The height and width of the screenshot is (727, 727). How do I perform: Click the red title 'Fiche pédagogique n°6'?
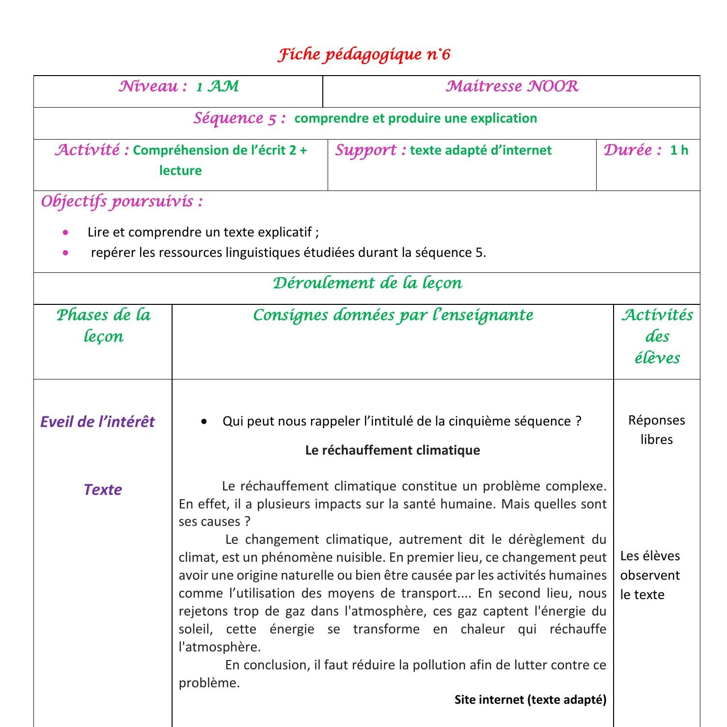point(364,54)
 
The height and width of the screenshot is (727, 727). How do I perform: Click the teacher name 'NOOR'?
point(553,86)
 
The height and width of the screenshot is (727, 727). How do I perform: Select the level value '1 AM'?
point(217,87)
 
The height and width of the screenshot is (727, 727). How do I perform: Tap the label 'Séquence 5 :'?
point(240,118)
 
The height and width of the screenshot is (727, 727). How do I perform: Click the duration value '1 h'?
point(679,150)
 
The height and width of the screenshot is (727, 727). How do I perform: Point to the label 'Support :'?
point(371,150)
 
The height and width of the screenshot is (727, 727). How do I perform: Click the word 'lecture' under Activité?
point(180,171)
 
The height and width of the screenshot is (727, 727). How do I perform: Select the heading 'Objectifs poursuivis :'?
point(122,201)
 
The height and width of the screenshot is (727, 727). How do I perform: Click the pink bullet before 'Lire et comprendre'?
point(65,232)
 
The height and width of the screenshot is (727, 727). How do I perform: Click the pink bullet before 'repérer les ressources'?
point(65,253)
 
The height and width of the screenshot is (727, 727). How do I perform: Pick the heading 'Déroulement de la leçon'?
point(367,283)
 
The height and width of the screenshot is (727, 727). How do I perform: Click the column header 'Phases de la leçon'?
point(103,325)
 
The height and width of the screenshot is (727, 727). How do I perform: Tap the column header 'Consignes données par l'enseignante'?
point(393,316)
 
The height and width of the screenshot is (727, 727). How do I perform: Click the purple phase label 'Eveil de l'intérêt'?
point(97,422)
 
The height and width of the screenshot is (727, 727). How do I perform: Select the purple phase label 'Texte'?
point(103,490)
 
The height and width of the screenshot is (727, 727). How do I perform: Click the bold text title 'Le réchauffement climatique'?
point(393,450)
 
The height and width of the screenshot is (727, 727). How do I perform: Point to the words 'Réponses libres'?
point(656,430)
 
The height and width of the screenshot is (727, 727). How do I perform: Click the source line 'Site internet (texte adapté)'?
point(530,699)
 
